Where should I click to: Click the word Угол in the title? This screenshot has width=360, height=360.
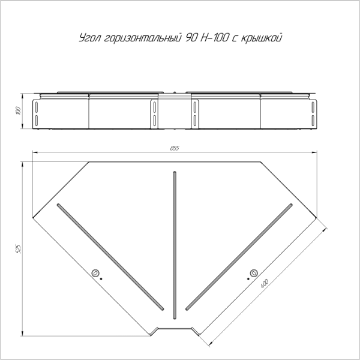click(x=90, y=38)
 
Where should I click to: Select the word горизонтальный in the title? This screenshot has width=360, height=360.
click(x=142, y=38)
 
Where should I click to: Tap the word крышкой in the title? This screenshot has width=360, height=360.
click(x=261, y=38)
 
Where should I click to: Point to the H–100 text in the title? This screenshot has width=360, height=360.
click(x=215, y=37)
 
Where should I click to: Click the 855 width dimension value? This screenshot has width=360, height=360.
click(x=175, y=148)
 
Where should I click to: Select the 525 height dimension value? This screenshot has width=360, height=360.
click(x=18, y=249)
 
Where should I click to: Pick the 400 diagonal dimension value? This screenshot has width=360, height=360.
click(x=265, y=284)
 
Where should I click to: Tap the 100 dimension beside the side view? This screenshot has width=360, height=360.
click(x=19, y=111)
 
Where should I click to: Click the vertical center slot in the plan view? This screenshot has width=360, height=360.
click(x=175, y=245)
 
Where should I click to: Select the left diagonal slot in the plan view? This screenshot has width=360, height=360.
click(x=110, y=257)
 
